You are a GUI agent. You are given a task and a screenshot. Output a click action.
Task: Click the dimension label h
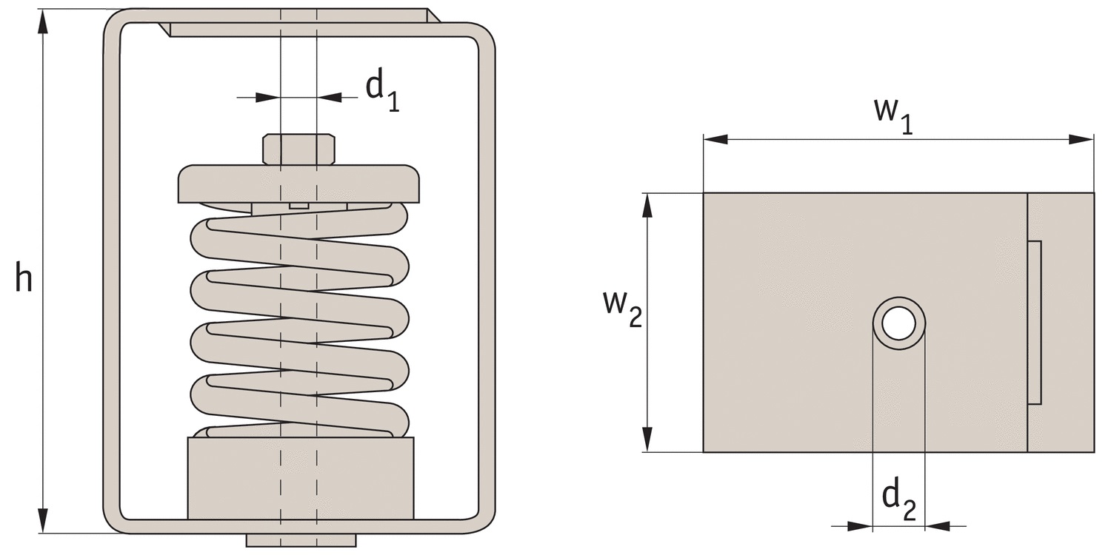coord(23,277)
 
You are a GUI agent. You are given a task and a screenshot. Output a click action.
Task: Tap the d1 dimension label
coord(382,92)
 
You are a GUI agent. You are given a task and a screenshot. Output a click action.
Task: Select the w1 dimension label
coord(893,115)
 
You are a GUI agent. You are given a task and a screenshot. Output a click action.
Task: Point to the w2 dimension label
coord(622,309)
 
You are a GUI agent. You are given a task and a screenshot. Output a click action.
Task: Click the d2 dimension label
coord(899,501)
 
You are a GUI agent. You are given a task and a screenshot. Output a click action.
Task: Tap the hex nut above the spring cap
coord(298,149)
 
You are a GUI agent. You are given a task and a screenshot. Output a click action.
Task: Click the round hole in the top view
coord(898,323)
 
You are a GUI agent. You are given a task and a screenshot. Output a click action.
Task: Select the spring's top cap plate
coord(298,184)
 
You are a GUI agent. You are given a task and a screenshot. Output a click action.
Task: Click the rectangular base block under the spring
coord(301,478)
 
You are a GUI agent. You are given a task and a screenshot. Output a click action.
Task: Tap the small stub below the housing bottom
coord(301,540)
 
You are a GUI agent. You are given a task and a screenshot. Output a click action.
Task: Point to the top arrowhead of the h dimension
coord(44,21)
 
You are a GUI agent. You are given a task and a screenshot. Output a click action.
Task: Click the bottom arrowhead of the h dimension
coord(44,520)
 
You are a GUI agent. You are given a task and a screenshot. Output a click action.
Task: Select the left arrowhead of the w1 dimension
coord(715,139)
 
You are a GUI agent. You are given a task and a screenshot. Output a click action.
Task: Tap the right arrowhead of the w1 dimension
coord(1081,139)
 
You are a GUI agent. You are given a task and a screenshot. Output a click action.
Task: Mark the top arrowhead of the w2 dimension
coord(647,206)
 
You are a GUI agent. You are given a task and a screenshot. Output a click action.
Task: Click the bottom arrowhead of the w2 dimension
coord(647,439)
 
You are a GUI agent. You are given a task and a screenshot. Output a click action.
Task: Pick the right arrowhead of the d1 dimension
coord(330,97)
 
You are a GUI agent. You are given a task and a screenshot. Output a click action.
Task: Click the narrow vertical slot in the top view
coord(1034,322)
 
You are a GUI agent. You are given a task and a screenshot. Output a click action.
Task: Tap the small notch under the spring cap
coord(299,206)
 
